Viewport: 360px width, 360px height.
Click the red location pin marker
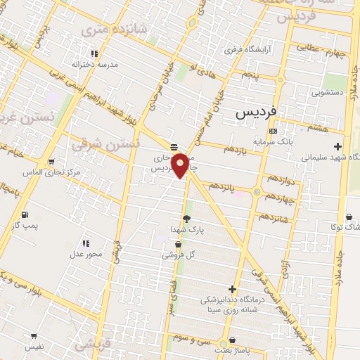tap(180, 165)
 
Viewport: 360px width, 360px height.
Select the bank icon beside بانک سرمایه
tap(273, 131)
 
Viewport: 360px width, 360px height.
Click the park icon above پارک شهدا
tap(186, 219)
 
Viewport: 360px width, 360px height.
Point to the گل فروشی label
tap(179, 255)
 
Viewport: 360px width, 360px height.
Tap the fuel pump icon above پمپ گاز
tap(26, 214)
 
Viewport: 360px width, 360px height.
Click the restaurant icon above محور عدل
tap(85, 243)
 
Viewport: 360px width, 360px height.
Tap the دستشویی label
tap(328, 91)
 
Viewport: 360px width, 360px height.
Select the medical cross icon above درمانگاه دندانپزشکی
tap(232, 289)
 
